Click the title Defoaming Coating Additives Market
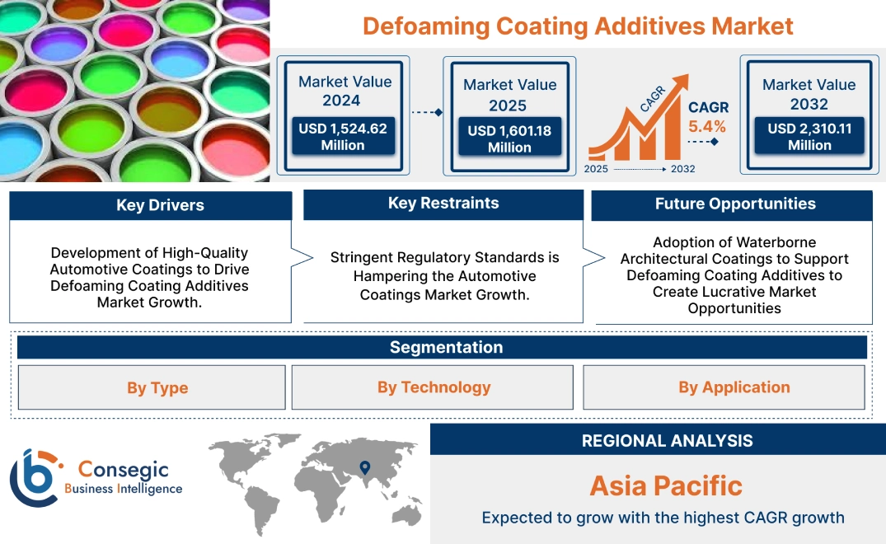point(578,26)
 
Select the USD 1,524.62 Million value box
point(342,136)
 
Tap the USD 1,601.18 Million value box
point(509,138)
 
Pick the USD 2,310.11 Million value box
point(809,136)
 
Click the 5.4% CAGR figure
point(707,126)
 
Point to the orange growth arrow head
point(680,82)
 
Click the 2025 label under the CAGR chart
point(598,169)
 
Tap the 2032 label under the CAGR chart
point(682,169)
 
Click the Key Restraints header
point(443,204)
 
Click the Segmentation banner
point(446,347)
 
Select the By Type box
point(157,387)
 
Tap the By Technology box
point(434,387)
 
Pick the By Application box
point(734,387)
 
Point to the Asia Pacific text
point(666,485)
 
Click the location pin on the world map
point(364,469)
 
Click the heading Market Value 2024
point(345,91)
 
